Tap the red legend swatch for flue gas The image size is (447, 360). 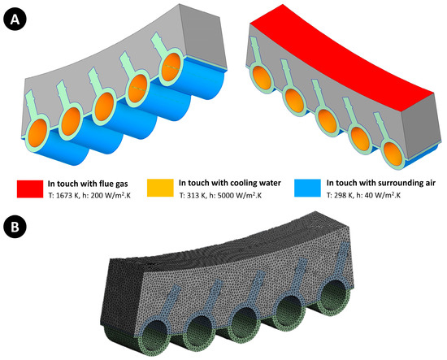coord(28,189)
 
